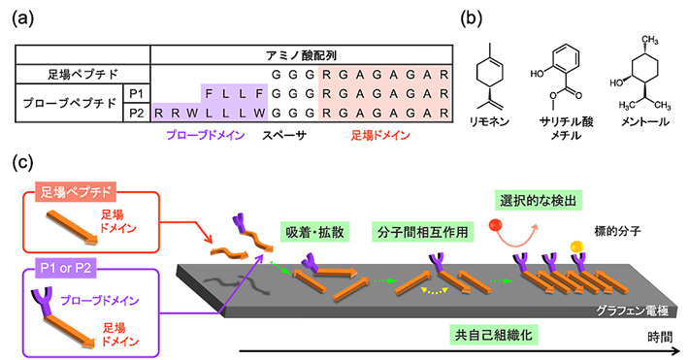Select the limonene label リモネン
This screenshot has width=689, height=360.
(521, 127)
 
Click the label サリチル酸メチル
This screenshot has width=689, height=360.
(582, 133)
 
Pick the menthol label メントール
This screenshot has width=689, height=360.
(652, 127)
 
